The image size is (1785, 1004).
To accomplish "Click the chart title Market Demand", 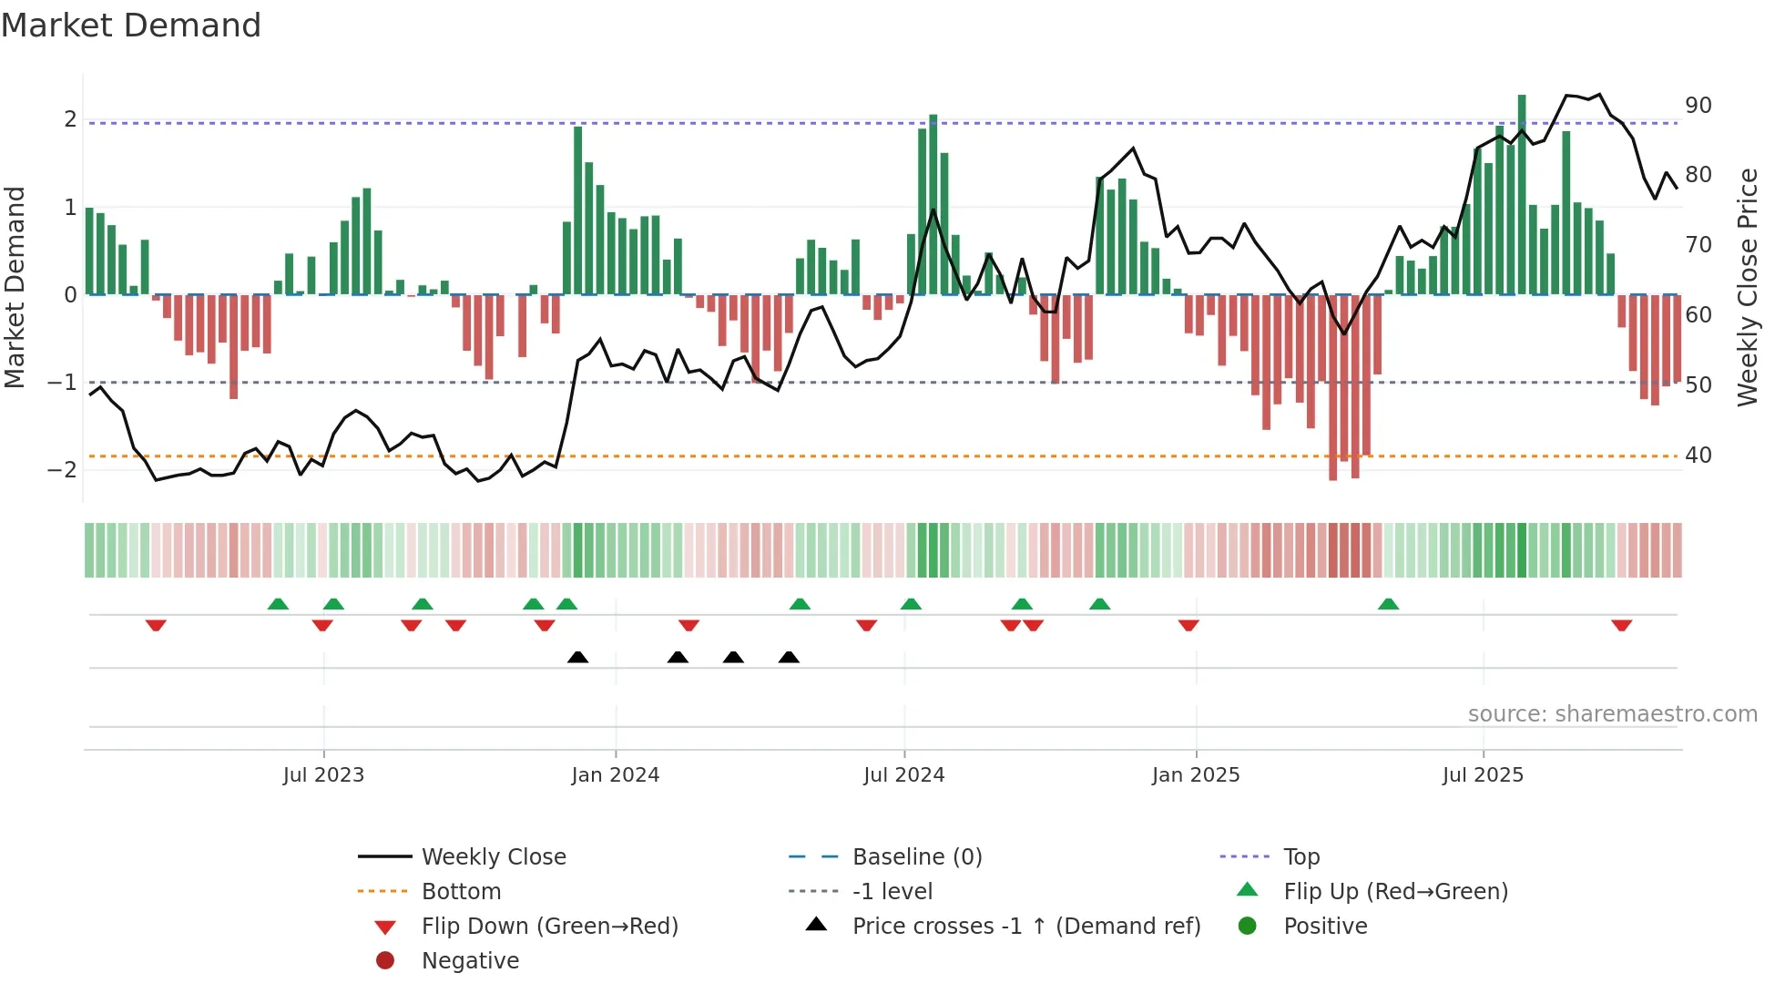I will click(131, 26).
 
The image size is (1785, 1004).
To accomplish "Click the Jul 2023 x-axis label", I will click(323, 775).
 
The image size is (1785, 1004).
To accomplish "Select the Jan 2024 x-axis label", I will click(615, 775).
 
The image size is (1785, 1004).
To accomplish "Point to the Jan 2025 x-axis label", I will click(1195, 775).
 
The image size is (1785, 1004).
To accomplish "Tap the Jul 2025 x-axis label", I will click(1483, 775).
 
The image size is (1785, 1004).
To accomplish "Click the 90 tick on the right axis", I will click(1698, 106).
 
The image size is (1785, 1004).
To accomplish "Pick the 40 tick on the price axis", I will click(1698, 456).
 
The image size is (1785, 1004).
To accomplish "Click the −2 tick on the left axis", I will click(62, 470).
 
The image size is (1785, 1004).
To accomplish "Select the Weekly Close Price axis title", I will click(1747, 287).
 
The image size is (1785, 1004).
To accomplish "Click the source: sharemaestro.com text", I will click(1612, 714).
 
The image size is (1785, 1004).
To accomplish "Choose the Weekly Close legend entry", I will click(493, 857).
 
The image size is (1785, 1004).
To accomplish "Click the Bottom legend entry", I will click(461, 892).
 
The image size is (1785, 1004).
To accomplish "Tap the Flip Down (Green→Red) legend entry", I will click(549, 927).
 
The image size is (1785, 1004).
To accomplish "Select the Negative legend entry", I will click(470, 961).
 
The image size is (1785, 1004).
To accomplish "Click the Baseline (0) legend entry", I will click(916, 857).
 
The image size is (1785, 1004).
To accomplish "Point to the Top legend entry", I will click(1301, 857).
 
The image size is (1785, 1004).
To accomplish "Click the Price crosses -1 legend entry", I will click(1025, 927).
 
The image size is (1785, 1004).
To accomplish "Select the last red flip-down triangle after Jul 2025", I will click(1621, 625).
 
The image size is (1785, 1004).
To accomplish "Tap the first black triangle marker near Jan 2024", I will click(577, 657).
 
